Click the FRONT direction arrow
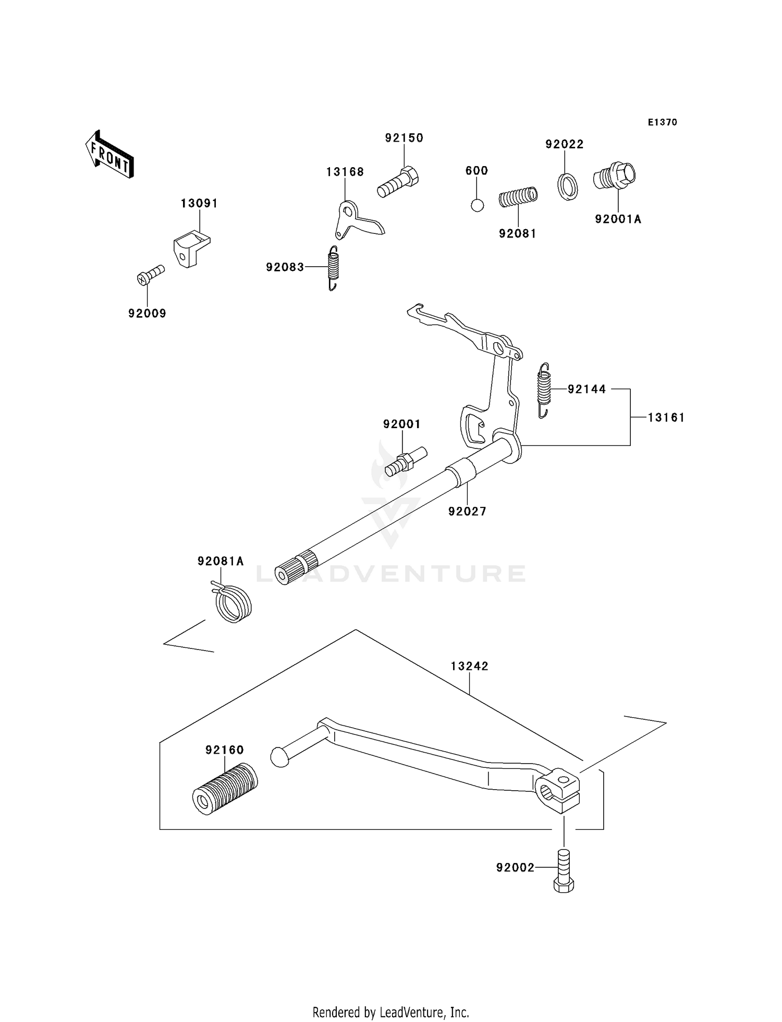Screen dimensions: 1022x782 (x=109, y=155)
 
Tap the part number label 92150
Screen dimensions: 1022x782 (x=404, y=138)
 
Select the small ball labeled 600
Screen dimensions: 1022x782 (x=477, y=205)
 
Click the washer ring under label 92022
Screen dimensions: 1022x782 (x=568, y=187)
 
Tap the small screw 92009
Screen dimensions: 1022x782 (x=150, y=275)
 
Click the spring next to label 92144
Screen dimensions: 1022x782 (x=544, y=390)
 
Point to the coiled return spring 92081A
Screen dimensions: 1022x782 (x=233, y=603)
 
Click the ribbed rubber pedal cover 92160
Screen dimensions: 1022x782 (x=225, y=788)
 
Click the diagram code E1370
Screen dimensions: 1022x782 (x=662, y=122)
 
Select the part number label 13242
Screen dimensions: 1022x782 (x=469, y=666)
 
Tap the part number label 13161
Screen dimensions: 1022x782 (x=666, y=417)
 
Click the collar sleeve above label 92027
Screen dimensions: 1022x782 (x=462, y=471)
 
